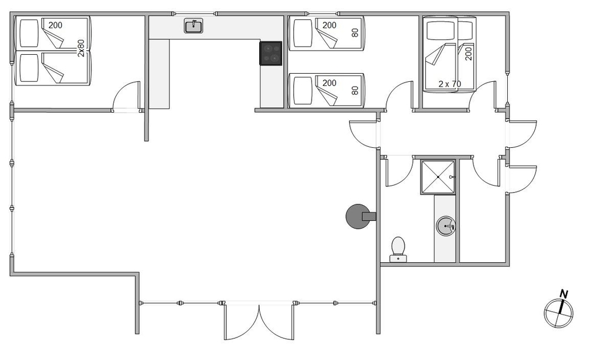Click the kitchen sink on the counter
click(193, 26)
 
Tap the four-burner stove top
click(270, 54)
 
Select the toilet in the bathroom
click(398, 249)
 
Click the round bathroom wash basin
click(446, 226)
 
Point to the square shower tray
click(438, 177)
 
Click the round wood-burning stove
click(358, 216)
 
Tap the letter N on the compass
click(564, 294)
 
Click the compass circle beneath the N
click(558, 313)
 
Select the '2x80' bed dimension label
click(81, 48)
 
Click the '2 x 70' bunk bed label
click(449, 84)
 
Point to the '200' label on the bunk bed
click(468, 52)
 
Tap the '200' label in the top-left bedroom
click(55, 25)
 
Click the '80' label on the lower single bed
click(355, 90)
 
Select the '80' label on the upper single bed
click(355, 32)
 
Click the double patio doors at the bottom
click(259, 322)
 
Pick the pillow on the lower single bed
click(303, 91)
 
